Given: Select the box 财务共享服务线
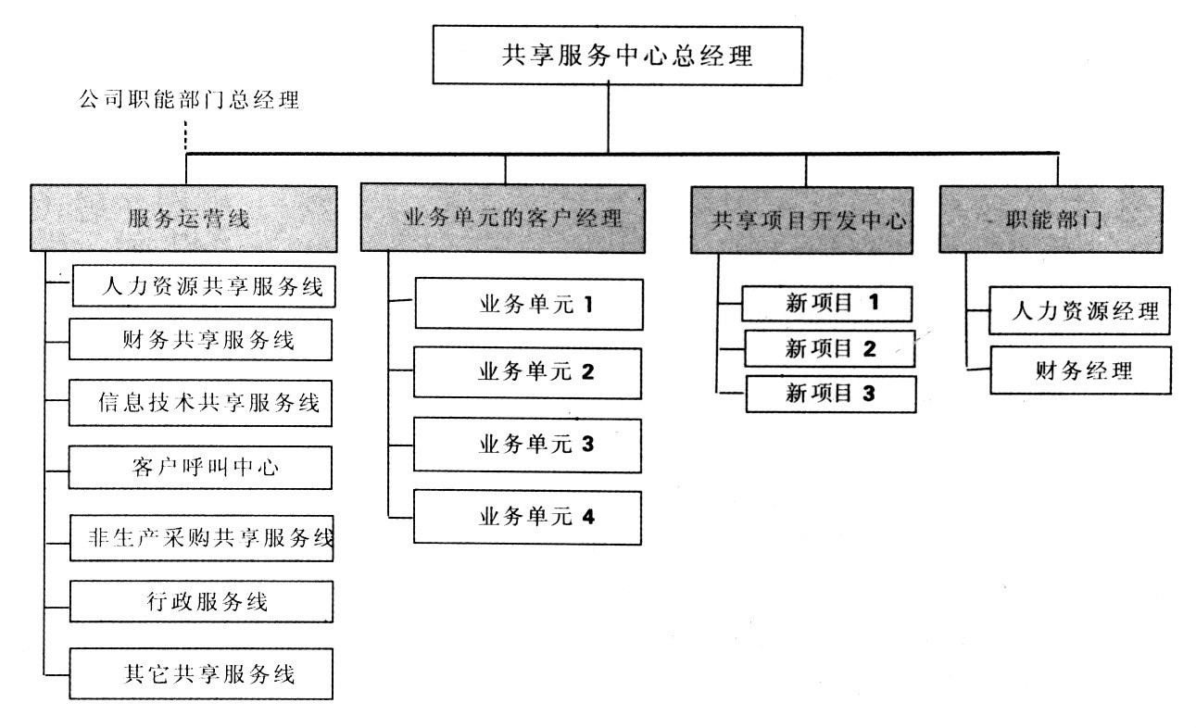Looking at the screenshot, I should coord(200,340).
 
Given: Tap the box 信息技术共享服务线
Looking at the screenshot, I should coord(200,403).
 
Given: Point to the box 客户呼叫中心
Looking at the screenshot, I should coord(200,467).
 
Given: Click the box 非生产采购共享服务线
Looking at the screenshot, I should coord(202,538).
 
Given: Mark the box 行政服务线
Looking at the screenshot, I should coord(200,603).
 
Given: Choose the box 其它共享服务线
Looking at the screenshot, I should coord(200,673).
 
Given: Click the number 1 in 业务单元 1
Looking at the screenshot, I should coord(587,303).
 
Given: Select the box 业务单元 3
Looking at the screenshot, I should coord(528,445).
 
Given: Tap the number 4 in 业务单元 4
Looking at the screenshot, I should coord(587,517).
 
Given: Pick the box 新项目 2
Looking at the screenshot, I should coord(829,348).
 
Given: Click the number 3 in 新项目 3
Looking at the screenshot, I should coord(868,393).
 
